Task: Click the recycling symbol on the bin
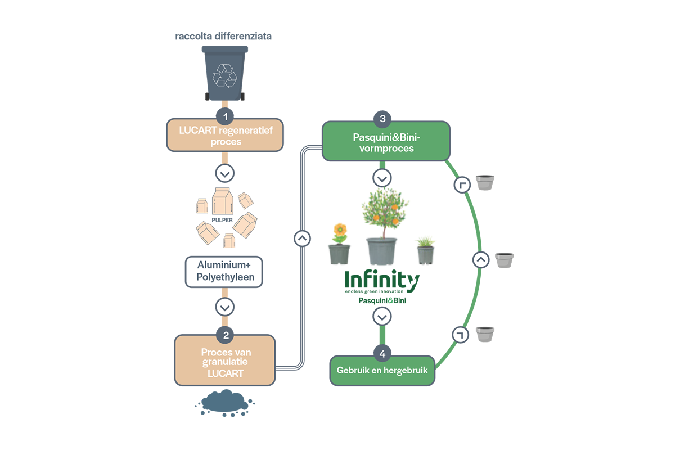(225, 75)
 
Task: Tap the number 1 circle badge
(225, 116)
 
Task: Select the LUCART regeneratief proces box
(225, 135)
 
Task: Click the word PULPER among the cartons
(222, 220)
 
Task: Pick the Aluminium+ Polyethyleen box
(224, 272)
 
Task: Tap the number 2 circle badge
(226, 335)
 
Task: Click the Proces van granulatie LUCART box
(225, 361)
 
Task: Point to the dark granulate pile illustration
(225, 403)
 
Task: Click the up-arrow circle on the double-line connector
(302, 238)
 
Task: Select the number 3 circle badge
(382, 119)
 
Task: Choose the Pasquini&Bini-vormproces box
(386, 141)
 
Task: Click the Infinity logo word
(382, 280)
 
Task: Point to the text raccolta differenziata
(223, 36)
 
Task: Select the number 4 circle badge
(382, 354)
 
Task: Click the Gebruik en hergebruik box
(382, 371)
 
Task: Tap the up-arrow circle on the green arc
(481, 259)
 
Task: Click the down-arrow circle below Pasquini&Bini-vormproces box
(382, 178)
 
